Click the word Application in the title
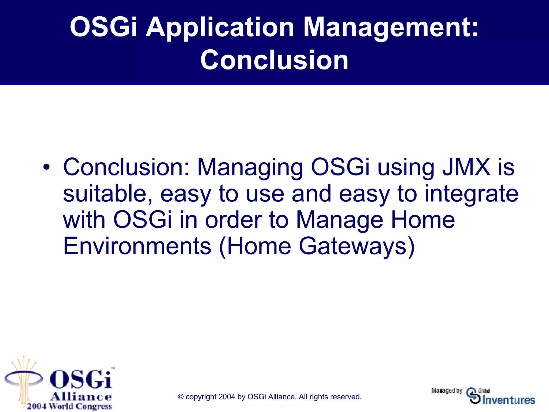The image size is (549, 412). coord(220,27)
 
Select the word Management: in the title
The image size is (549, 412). coord(391,27)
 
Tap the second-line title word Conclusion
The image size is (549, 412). coord(274,60)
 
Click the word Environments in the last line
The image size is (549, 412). coord(137,246)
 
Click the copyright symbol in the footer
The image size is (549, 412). coord(181,397)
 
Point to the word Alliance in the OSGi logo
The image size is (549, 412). coord(81,396)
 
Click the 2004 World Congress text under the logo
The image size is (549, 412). coord(69,406)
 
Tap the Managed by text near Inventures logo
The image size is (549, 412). coord(447,391)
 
